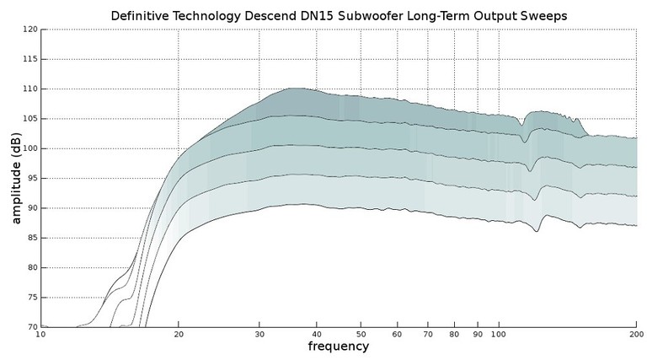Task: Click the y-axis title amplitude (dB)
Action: point(16,178)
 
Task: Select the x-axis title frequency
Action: point(338,347)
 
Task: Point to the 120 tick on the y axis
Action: point(30,30)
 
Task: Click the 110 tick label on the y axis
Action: point(30,89)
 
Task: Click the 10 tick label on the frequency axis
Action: point(40,335)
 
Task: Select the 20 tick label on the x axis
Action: point(178,335)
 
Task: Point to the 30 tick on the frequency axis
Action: point(259,335)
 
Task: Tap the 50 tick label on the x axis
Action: point(361,335)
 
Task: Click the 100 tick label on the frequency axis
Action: point(499,335)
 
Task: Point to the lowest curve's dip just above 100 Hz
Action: point(537,231)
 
